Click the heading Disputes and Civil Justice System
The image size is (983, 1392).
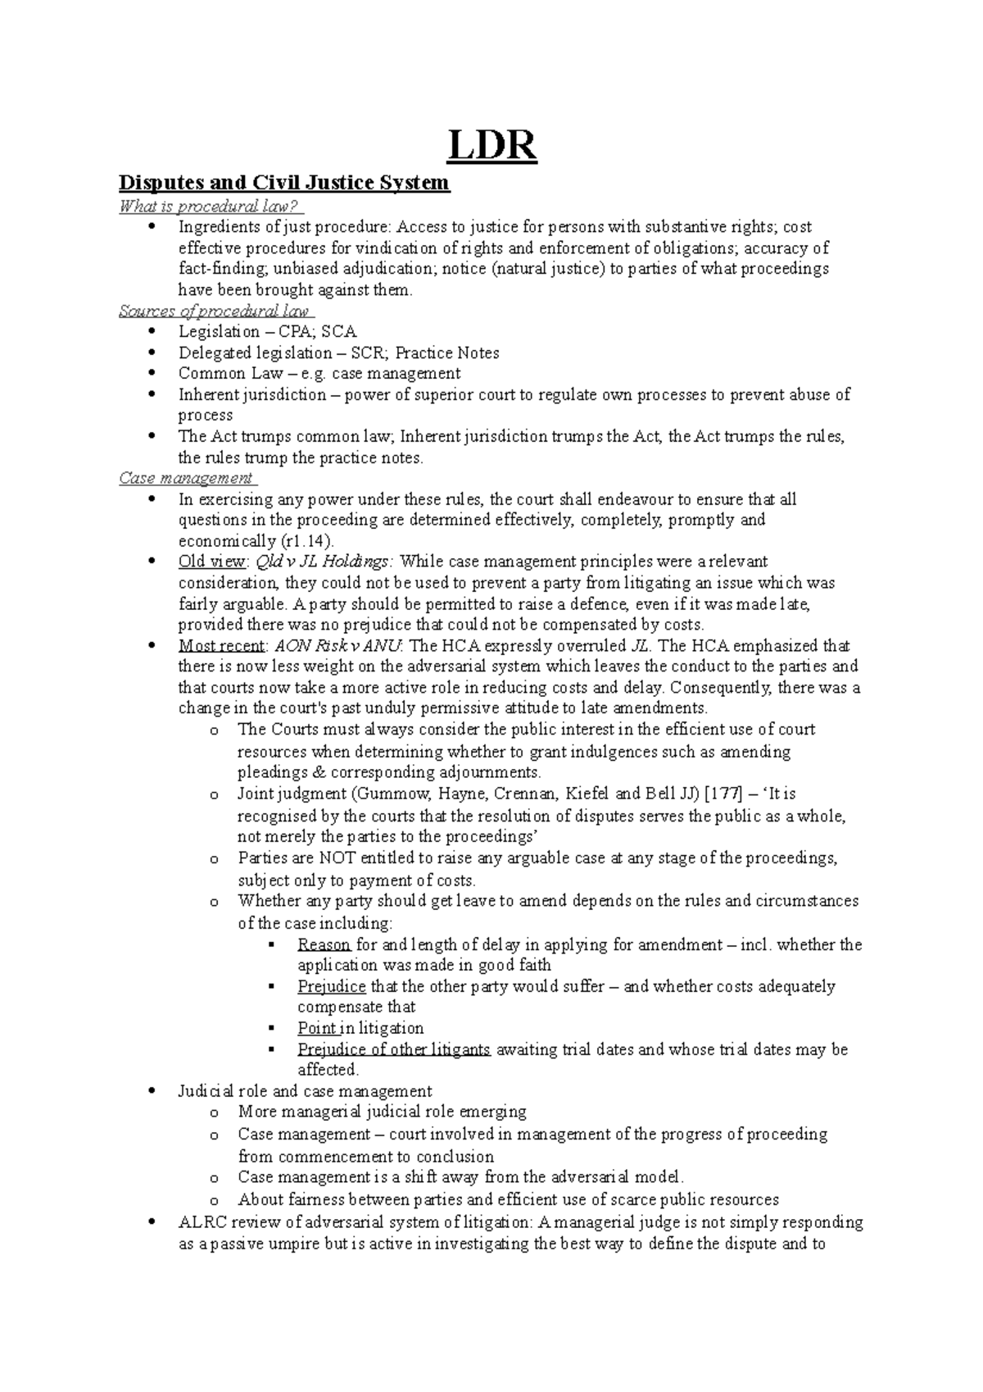pos(284,182)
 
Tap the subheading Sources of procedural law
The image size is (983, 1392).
pos(216,311)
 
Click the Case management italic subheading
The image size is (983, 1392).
pos(187,478)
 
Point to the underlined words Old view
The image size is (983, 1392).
pos(211,562)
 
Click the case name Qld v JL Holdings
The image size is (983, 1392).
pos(325,562)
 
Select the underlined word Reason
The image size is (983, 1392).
pos(324,944)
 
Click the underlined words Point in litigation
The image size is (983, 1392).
pos(360,1028)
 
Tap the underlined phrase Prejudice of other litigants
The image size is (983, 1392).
pos(394,1049)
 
